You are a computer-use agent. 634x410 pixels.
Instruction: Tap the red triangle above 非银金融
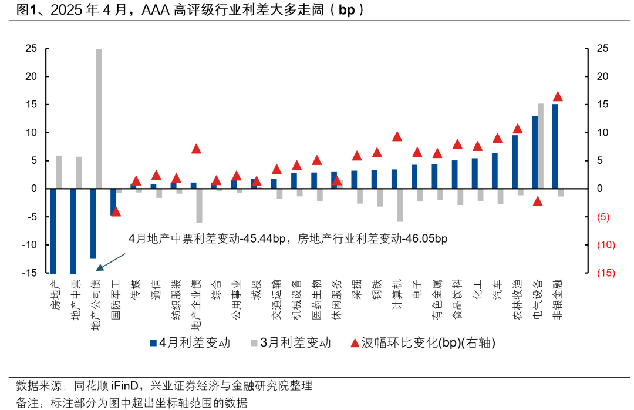coord(558,96)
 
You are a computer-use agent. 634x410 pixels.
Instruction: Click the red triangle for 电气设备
coord(538,201)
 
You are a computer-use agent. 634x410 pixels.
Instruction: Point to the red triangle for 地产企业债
coord(197,149)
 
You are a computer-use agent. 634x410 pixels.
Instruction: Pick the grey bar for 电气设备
coord(541,146)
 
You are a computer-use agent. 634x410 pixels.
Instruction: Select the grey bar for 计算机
coord(400,205)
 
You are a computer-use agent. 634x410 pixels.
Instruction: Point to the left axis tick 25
coord(31,48)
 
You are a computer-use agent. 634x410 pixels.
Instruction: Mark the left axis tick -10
coord(29,245)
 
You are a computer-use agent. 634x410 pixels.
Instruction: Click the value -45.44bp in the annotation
coord(264,239)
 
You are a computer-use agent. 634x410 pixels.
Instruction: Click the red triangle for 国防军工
coord(116,211)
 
